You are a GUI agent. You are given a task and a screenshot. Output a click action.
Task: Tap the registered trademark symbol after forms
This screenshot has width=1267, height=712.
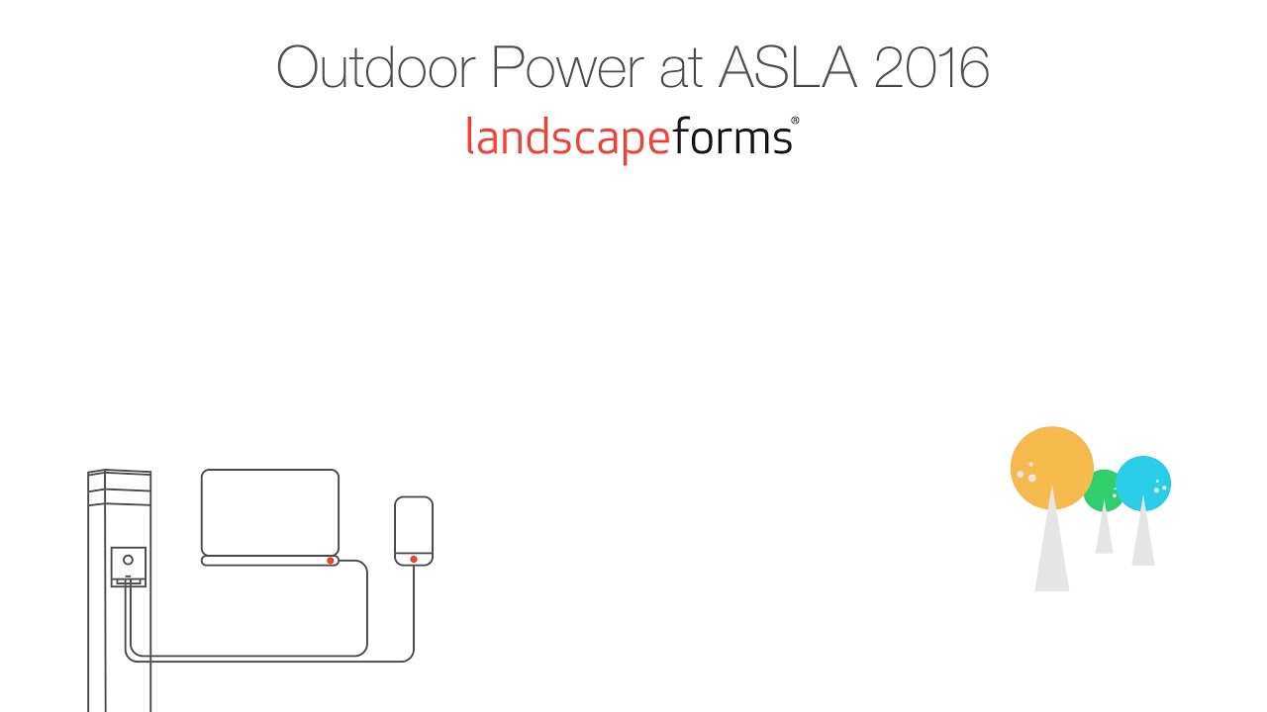(x=795, y=122)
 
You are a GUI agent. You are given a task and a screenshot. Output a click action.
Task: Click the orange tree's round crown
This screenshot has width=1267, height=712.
(x=1051, y=467)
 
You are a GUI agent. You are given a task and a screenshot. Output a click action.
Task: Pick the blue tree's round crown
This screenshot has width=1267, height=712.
(x=1144, y=483)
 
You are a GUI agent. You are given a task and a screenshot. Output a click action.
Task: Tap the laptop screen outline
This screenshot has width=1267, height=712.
(x=270, y=511)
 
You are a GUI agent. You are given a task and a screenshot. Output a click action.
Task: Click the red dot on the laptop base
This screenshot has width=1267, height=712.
(x=331, y=561)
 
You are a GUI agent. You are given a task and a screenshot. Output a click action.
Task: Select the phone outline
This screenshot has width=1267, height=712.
(x=414, y=526)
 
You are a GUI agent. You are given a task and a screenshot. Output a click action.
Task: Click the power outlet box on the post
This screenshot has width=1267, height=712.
(x=129, y=567)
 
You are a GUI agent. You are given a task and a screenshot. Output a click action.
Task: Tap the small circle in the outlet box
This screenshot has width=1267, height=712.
(x=128, y=559)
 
